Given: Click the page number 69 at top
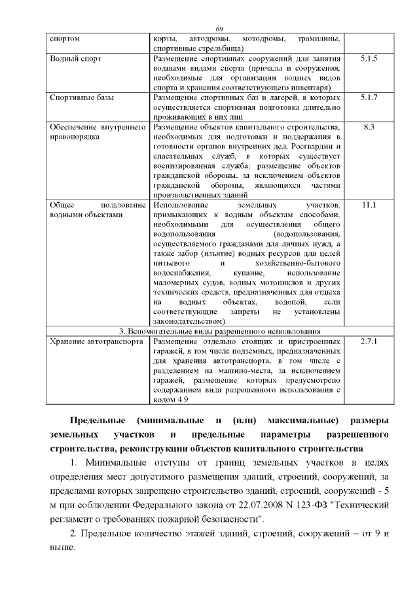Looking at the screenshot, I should [x=219, y=29].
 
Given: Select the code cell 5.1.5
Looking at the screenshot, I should [x=369, y=58].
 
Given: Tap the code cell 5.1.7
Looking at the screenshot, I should [x=369, y=97].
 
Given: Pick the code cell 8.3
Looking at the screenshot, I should [x=369, y=126].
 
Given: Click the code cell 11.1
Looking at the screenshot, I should [x=369, y=205].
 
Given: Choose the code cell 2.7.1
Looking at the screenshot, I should [x=369, y=341].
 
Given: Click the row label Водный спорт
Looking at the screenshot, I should [x=76, y=58].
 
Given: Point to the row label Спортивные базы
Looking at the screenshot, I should [x=82, y=97].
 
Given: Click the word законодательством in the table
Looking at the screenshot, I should [x=189, y=321].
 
